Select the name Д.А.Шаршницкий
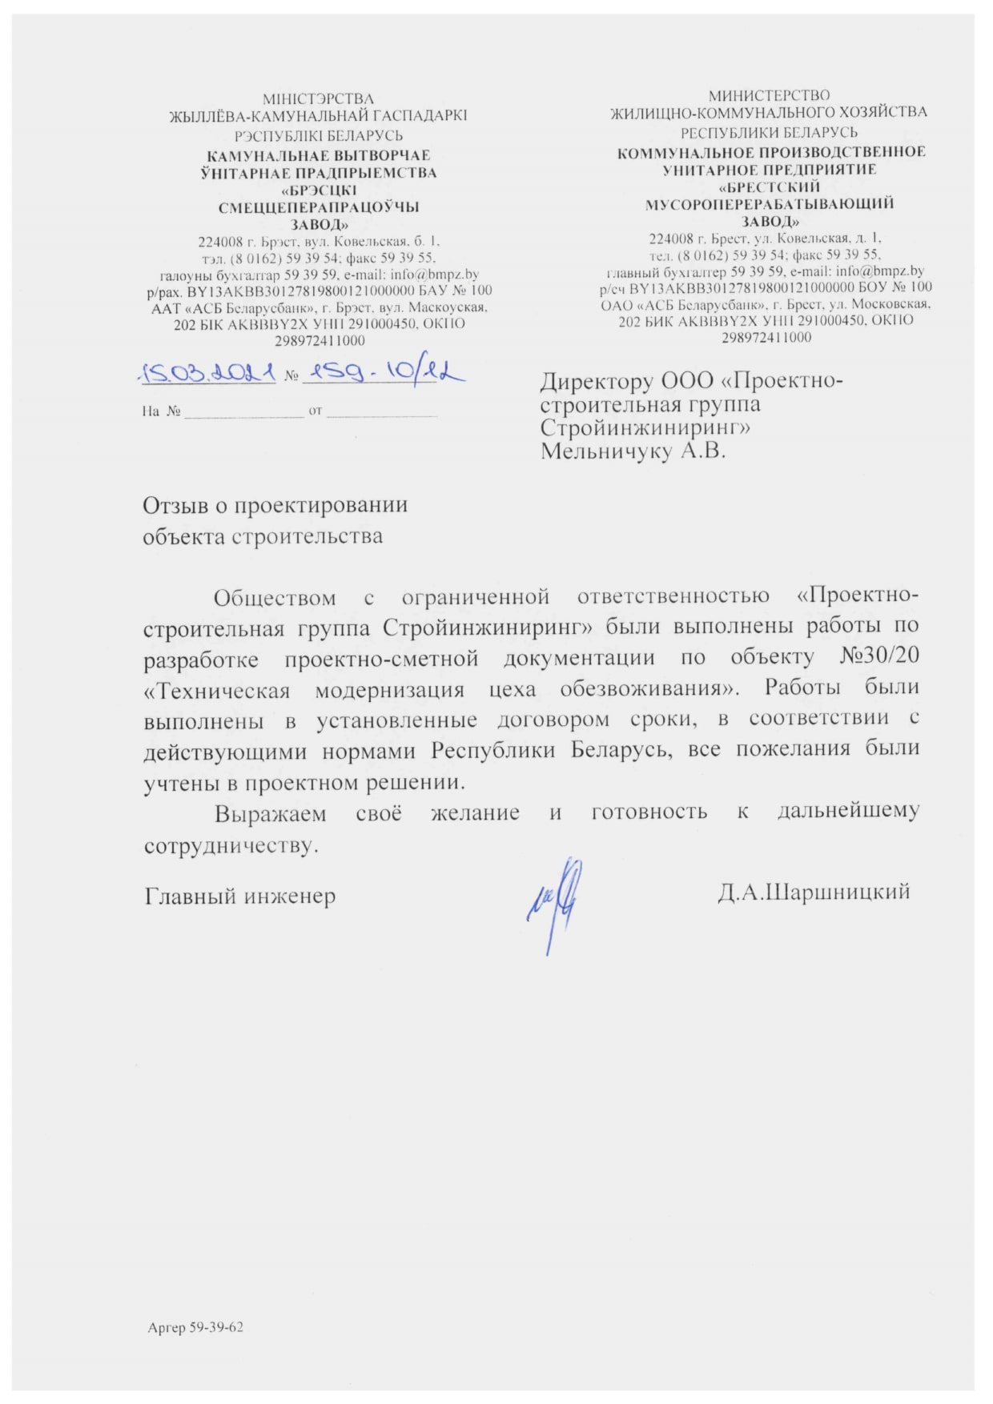point(814,892)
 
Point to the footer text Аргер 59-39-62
point(195,1327)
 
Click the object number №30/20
point(878,656)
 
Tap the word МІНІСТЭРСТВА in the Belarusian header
point(318,99)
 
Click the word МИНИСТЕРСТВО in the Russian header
point(769,96)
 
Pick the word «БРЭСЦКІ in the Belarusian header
point(319,191)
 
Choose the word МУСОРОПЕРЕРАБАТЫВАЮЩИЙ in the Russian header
point(769,204)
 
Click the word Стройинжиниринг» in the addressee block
point(645,427)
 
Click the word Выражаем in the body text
point(271,814)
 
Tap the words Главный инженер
point(239,896)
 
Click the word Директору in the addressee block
point(597,381)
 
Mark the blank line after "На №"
point(243,413)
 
